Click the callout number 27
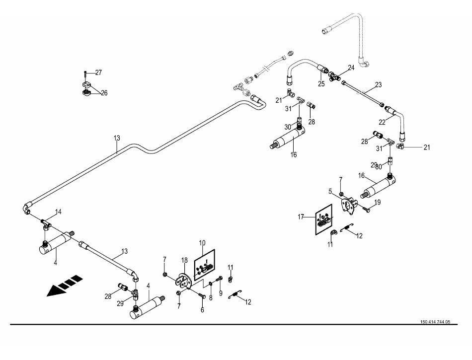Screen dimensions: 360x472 [98, 72]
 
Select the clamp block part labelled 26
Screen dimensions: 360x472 [87, 91]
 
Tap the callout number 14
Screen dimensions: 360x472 [59, 212]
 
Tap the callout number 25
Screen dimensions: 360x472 [321, 84]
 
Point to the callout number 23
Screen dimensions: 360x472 [379, 85]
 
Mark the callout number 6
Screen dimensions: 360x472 [202, 310]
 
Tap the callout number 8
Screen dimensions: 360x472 [211, 298]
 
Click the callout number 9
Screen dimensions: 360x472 [221, 293]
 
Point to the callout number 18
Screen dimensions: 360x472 [184, 260]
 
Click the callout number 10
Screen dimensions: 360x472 [203, 243]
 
